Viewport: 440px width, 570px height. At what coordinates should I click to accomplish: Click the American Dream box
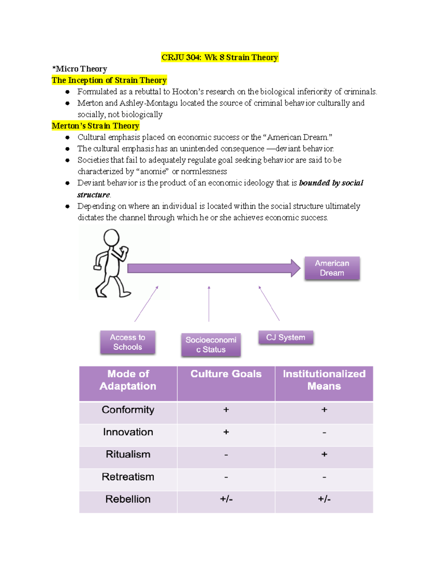coord(332,268)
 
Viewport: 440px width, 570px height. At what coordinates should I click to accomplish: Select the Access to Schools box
coord(128,342)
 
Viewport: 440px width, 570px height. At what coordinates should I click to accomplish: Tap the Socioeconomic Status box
coord(211,345)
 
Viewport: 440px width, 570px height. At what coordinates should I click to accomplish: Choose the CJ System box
coord(286,337)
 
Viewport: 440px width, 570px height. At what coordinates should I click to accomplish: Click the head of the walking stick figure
coord(111,237)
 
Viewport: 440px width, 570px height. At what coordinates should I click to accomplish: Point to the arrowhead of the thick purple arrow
coord(296,268)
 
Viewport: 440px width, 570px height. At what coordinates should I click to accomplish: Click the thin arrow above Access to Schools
coord(146,304)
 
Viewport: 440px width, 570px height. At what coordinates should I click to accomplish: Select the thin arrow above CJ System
coord(269,304)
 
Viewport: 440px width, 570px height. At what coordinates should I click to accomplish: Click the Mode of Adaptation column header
coord(128,380)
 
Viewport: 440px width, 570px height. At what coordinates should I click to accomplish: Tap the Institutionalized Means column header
coord(324,380)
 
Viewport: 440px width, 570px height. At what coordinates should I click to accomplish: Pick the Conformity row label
coord(128,410)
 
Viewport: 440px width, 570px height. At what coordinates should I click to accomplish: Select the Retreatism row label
coord(128,477)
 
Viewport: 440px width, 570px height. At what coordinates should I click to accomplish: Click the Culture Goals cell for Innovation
coord(226,432)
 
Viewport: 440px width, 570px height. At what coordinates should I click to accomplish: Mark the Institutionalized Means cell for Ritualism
coord(324,454)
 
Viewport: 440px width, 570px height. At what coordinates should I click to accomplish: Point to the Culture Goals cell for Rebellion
coord(226,499)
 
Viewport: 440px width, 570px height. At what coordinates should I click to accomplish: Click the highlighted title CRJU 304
coord(220,57)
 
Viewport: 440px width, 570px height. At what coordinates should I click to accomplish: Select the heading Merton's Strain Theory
coord(95,126)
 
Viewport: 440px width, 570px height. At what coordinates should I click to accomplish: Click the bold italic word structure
coord(93,195)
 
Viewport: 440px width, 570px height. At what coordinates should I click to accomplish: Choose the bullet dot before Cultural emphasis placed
coord(67,138)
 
